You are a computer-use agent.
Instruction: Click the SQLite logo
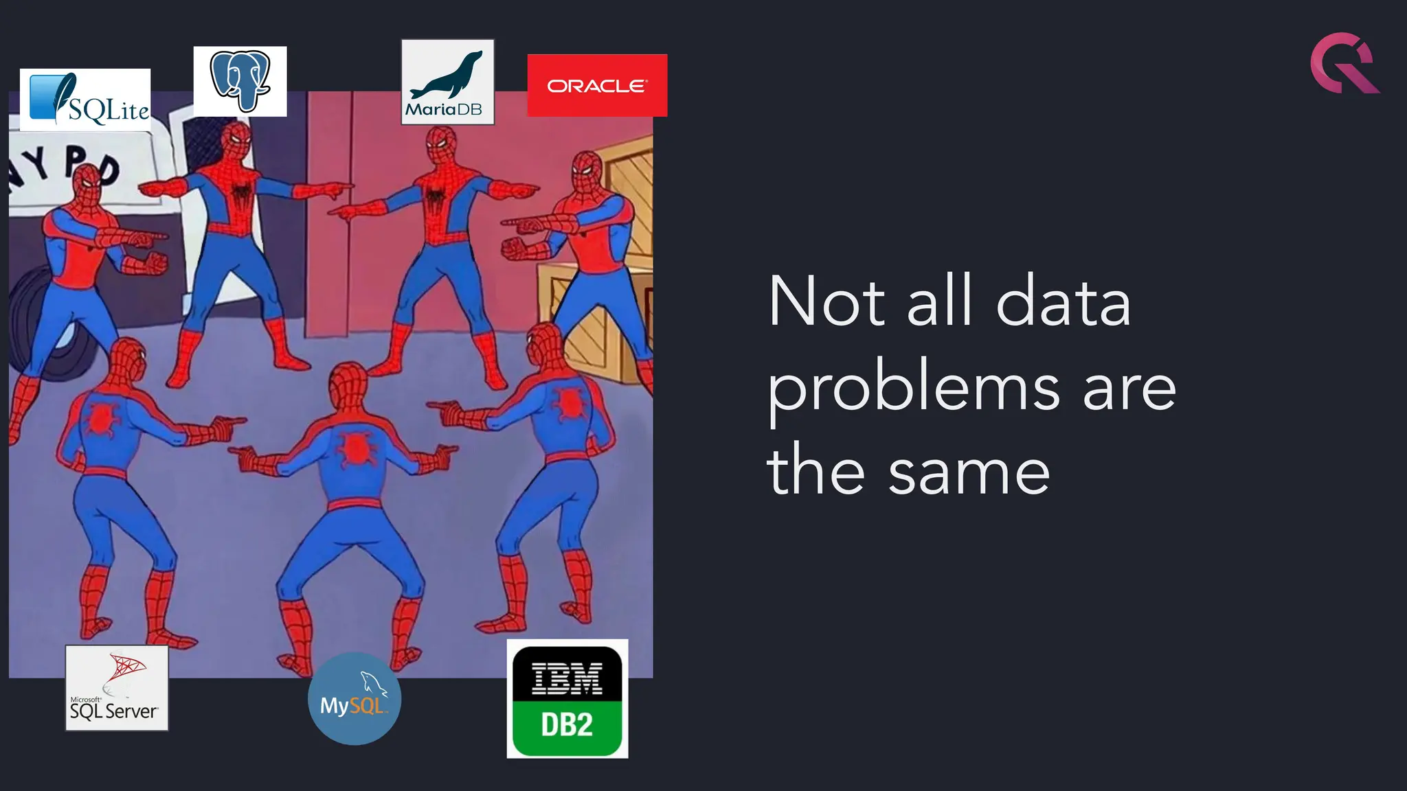click(x=85, y=100)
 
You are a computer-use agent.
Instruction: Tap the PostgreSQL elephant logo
click(x=240, y=81)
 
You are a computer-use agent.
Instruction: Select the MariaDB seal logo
click(x=447, y=82)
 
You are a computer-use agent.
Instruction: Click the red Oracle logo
click(x=597, y=85)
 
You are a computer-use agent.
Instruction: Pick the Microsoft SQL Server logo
click(x=117, y=688)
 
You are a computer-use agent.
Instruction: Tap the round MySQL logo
click(x=354, y=699)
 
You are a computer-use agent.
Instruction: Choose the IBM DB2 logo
click(x=567, y=699)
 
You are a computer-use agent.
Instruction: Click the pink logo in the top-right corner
click(x=1343, y=63)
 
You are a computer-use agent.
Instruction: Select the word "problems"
click(x=914, y=389)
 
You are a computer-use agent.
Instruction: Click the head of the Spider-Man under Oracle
click(x=587, y=171)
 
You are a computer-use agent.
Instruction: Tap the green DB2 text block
click(x=567, y=725)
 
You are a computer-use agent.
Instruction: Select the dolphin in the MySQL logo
click(x=373, y=683)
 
